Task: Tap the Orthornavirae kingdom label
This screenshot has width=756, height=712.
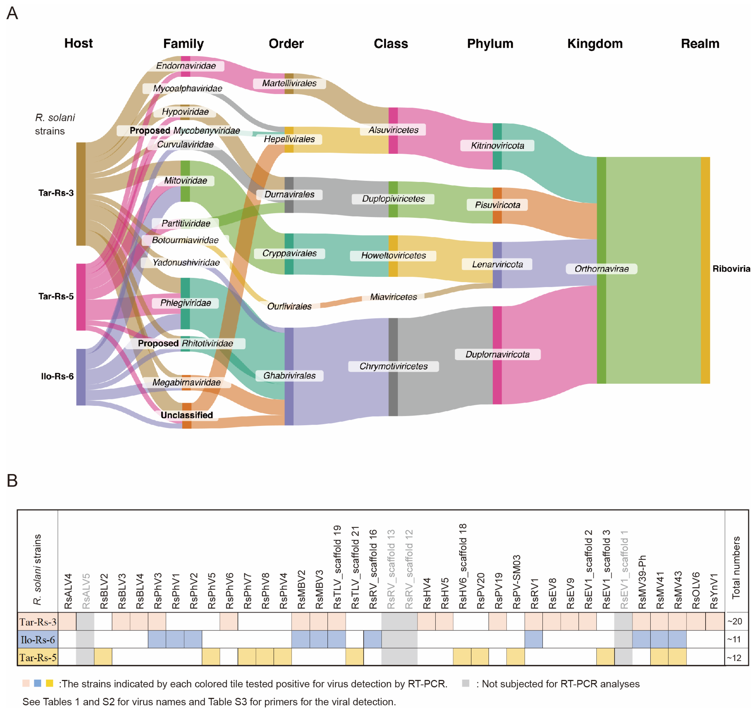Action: [x=601, y=269]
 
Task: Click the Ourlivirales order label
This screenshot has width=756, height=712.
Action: [x=289, y=306]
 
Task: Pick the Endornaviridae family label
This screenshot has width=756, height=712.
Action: [x=186, y=66]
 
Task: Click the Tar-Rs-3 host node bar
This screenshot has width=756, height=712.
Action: [x=81, y=194]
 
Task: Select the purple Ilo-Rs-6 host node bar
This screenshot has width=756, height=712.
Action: [x=81, y=377]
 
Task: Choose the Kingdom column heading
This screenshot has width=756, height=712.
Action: [x=595, y=44]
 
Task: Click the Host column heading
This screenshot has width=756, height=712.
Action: [x=78, y=43]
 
